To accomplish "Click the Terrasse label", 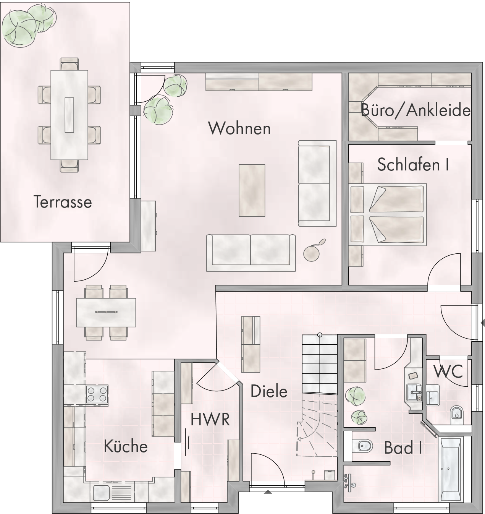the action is (63, 202).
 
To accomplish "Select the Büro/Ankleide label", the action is (415, 110).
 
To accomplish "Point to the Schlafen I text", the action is (413, 164).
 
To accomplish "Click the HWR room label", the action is (210, 420).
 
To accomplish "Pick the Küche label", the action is (126, 446).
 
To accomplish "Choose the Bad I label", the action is (403, 448).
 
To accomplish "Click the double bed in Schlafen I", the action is (387, 215).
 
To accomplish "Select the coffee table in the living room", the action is (252, 190).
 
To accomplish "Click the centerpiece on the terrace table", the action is (70, 115).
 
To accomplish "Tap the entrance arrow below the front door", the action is (268, 492).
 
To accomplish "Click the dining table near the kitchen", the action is (106, 312).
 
